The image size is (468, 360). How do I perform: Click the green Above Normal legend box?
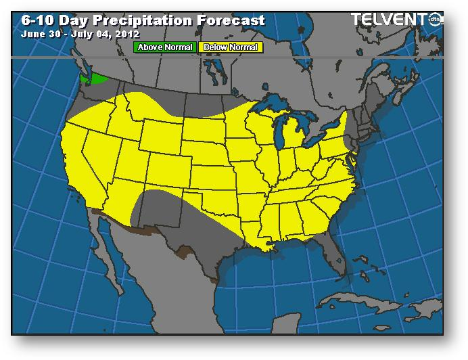[x=166, y=47]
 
